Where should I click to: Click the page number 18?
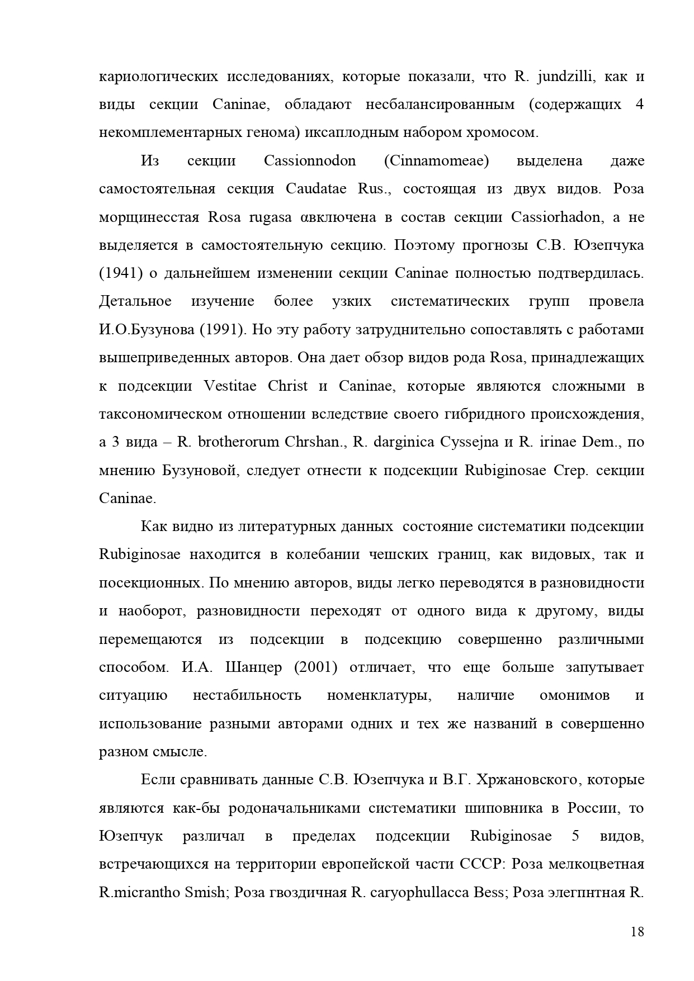[637, 932]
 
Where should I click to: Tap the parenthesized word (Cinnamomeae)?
[436, 161]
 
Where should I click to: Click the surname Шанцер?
[253, 667]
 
